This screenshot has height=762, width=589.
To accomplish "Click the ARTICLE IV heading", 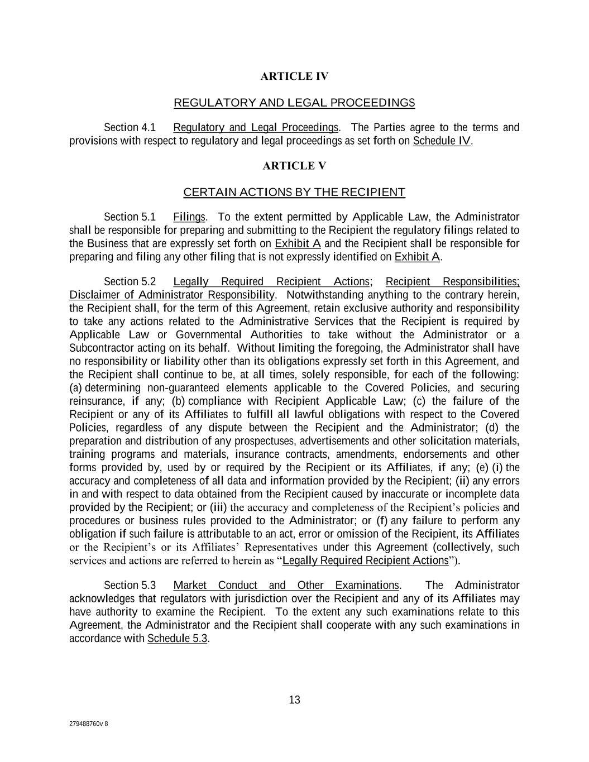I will coord(294,76).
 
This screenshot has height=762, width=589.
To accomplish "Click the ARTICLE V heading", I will coord(294,166).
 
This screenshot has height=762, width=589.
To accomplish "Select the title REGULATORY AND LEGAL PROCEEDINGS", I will coord(294,103).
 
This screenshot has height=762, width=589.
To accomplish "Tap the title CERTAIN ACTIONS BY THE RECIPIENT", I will coord(294,193).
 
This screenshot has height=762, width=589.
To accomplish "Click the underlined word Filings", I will coord(189,217).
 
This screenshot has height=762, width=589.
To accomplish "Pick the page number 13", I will coord(294,700).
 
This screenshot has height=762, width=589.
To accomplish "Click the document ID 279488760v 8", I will coord(89,724).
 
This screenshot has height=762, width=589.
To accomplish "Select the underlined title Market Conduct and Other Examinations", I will coord(286,586).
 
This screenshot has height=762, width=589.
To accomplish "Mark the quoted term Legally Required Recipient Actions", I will coord(366,560).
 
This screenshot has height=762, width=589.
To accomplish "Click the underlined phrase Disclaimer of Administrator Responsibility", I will coord(172,295).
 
